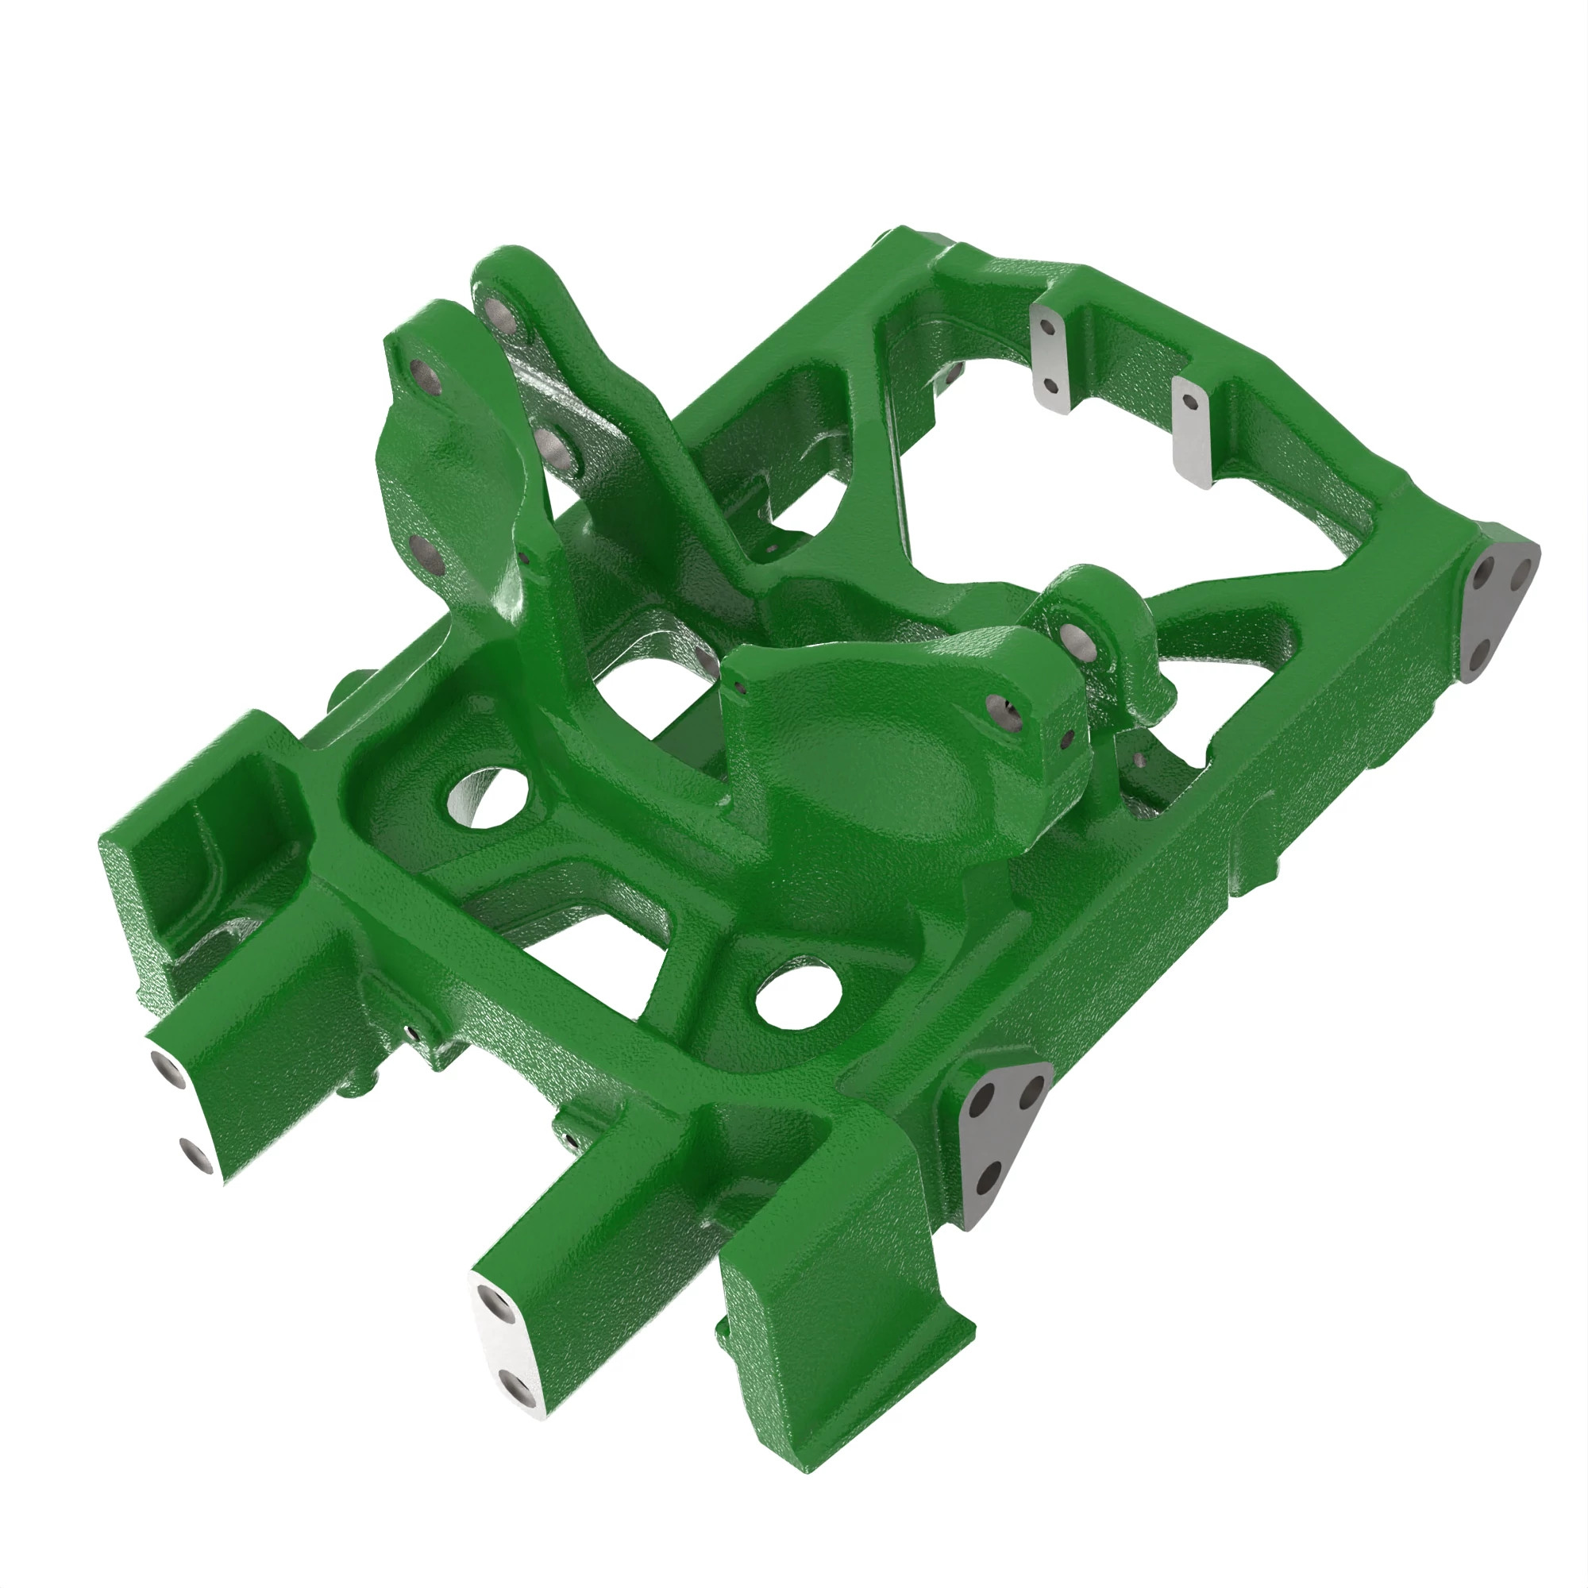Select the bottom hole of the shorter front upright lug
click(426, 557)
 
